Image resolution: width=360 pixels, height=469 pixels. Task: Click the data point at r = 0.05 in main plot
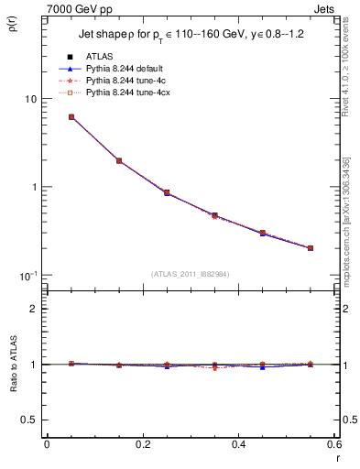(x=71, y=117)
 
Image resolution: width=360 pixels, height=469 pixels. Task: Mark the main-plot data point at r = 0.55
(x=311, y=248)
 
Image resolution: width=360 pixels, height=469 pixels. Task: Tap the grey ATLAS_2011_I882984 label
(x=191, y=274)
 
